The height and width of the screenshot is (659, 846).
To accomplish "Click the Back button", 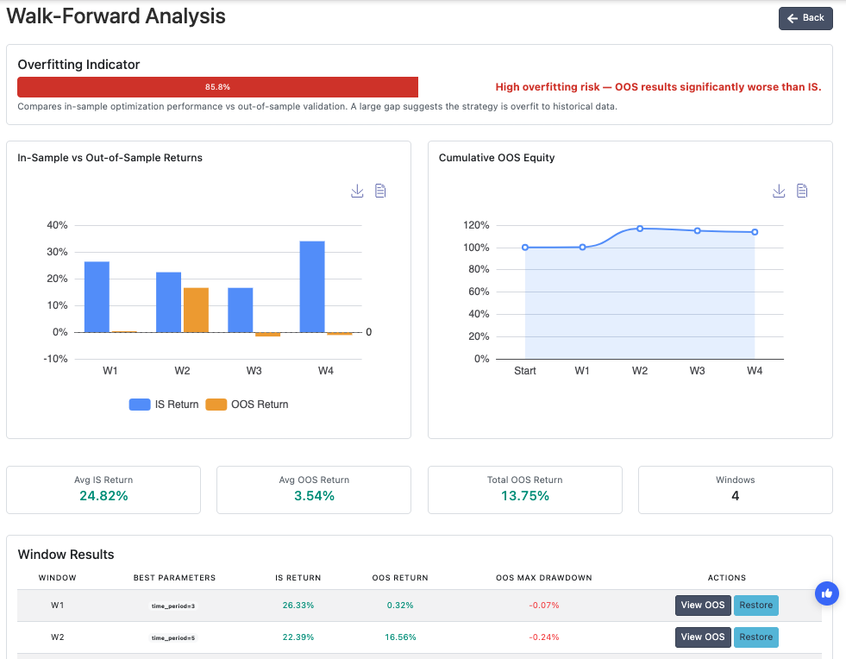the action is [x=805, y=18].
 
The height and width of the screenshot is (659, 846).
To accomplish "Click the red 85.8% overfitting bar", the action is [x=217, y=87].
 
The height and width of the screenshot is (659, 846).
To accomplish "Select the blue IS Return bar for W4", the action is [x=312, y=286].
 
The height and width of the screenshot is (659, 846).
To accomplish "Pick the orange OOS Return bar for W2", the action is [x=196, y=311].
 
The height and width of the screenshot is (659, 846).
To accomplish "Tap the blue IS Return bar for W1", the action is [x=97, y=297].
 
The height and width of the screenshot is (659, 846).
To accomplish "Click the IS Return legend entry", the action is [x=164, y=405].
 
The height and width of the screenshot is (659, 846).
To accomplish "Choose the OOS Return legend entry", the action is [x=248, y=405].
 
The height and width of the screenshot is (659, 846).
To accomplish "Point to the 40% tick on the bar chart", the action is [x=57, y=225].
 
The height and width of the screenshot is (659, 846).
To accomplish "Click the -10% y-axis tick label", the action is [x=55, y=359].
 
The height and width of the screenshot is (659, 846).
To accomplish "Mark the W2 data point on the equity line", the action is [x=640, y=229].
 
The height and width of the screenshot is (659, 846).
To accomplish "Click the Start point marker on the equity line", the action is [x=525, y=248].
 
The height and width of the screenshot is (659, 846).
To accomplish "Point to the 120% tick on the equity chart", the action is [x=476, y=225].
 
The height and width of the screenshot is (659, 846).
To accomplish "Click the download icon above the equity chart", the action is [x=779, y=191].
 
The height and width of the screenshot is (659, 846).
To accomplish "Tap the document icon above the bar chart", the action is [x=380, y=191].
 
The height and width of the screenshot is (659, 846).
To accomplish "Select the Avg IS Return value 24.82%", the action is [x=103, y=496].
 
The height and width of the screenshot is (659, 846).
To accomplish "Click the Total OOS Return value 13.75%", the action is [x=525, y=496].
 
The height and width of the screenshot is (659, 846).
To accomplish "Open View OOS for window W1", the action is [x=703, y=605].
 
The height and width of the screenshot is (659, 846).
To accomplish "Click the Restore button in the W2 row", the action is [x=756, y=637].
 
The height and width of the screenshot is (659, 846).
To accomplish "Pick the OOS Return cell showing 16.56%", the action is [x=400, y=637].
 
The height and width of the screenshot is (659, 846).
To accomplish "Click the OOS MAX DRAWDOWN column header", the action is [x=544, y=578].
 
